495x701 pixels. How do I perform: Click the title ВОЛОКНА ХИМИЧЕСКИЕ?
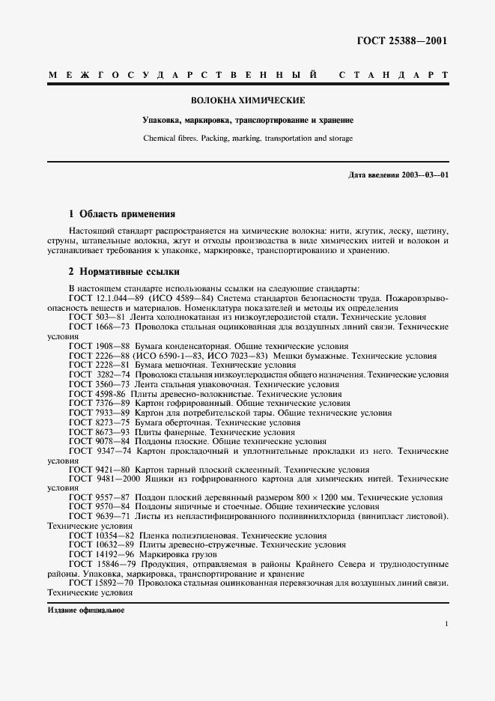248,100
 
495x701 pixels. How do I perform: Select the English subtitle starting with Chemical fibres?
248,139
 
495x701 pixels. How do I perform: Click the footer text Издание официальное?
85,610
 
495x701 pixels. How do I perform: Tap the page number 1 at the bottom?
446,623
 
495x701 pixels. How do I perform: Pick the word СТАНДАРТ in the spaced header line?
394,76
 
